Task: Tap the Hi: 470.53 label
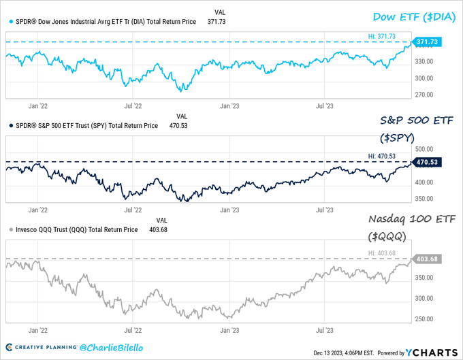pos(382,155)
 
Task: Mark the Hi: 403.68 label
pos(382,253)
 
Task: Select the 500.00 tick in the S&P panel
pos(426,149)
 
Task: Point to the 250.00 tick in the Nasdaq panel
pos(426,319)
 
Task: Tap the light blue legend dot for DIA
pos(10,22)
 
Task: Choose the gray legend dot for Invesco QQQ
pos(10,229)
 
